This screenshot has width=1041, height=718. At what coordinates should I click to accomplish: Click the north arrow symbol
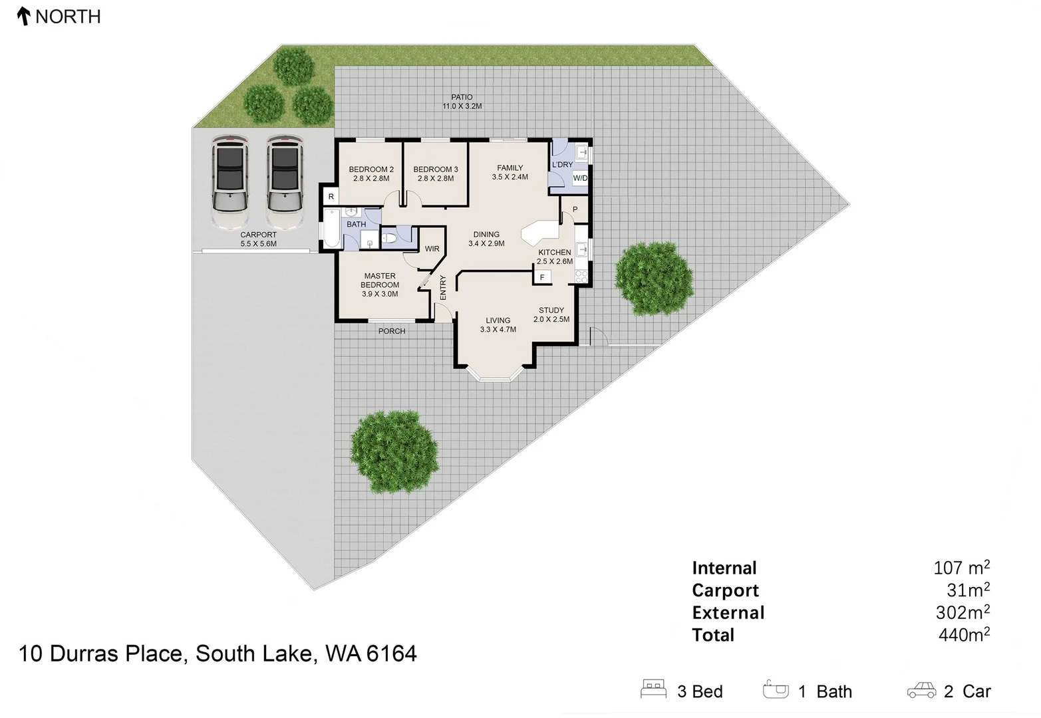pyautogui.click(x=24, y=16)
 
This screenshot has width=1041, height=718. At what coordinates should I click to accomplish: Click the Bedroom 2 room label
pyautogui.click(x=371, y=174)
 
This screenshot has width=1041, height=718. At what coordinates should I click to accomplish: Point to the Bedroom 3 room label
pyautogui.click(x=436, y=174)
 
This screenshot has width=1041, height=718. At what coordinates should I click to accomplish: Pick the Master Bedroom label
pyautogui.click(x=380, y=285)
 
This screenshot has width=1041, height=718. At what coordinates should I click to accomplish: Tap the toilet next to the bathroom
pyautogui.click(x=391, y=237)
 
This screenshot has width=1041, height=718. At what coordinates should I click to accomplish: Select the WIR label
pyautogui.click(x=432, y=249)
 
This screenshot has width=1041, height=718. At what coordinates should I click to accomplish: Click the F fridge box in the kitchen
pyautogui.click(x=542, y=277)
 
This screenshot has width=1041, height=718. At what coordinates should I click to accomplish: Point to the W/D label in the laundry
pyautogui.click(x=580, y=178)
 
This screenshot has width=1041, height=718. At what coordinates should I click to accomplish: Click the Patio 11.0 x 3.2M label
pyautogui.click(x=462, y=102)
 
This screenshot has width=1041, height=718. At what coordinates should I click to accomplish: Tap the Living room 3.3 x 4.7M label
pyautogui.click(x=498, y=324)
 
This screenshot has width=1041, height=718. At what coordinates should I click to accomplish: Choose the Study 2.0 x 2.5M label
pyautogui.click(x=551, y=314)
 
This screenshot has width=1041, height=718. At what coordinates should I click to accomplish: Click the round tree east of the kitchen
pyautogui.click(x=654, y=277)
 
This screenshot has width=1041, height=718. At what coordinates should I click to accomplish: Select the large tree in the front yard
pyautogui.click(x=394, y=452)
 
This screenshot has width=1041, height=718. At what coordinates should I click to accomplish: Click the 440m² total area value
pyautogui.click(x=964, y=635)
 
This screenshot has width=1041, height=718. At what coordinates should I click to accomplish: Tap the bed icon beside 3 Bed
pyautogui.click(x=653, y=689)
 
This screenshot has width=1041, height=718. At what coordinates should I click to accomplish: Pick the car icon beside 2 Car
pyautogui.click(x=921, y=691)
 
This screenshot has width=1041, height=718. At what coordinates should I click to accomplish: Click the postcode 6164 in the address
pyautogui.click(x=391, y=654)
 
